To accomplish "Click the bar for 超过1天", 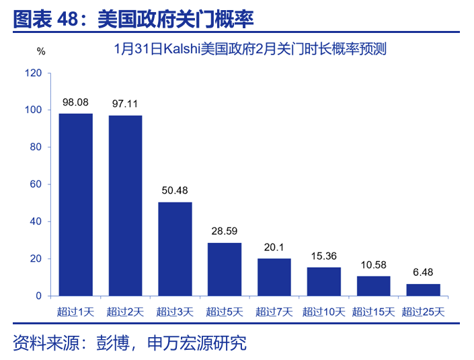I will coord(75,205).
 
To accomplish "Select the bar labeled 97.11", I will coord(125,205).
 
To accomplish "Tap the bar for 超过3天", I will coord(175,249).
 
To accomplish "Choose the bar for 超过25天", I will coord(424,290).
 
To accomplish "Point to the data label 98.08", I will coord(76,102).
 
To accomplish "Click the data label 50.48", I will coord(175,190).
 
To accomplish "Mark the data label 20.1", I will coord(274,247).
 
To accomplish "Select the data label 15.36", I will coord(323,256).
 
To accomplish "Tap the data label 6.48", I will coord(424,273).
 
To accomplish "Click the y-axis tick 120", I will coord(33,73).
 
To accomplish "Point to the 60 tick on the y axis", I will coord(36,184).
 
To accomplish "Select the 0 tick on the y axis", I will coord(38,296).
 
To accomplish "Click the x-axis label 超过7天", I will coord(274,312).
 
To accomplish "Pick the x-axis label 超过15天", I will coord(373,312).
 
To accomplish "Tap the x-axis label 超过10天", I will coord(323,312).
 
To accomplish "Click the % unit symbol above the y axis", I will coord(41,51).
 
